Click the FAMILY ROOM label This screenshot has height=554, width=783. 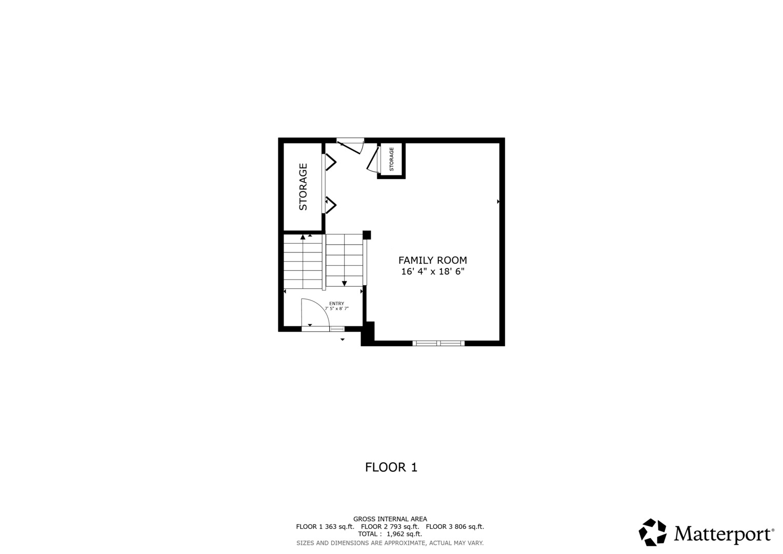pyautogui.click(x=432, y=260)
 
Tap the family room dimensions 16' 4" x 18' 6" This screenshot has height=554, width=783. pyautogui.click(x=432, y=271)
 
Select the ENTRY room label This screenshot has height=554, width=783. pyautogui.click(x=336, y=304)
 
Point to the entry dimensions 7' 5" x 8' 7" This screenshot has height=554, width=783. pyautogui.click(x=336, y=308)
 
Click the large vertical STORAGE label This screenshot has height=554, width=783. pyautogui.click(x=303, y=187)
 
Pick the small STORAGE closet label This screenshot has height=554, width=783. pyautogui.click(x=392, y=159)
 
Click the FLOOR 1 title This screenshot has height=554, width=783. pyautogui.click(x=391, y=467)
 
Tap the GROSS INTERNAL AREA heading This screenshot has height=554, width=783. pyautogui.click(x=390, y=519)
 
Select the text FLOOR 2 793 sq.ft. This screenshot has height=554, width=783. pyautogui.click(x=390, y=526)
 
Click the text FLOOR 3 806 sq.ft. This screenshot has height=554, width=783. pyautogui.click(x=455, y=526)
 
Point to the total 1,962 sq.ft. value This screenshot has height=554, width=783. pyautogui.click(x=405, y=534)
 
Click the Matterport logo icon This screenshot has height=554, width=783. pyautogui.click(x=652, y=532)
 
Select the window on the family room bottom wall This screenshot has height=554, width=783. pyautogui.click(x=438, y=343)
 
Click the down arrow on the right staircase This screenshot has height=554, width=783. pyautogui.click(x=344, y=283)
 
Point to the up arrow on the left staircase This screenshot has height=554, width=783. pyautogui.click(x=303, y=237)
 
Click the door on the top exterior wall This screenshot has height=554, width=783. pyautogui.click(x=350, y=146)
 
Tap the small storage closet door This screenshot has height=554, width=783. pyautogui.click(x=373, y=160)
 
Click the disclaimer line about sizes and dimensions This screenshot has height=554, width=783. pyautogui.click(x=390, y=543)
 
